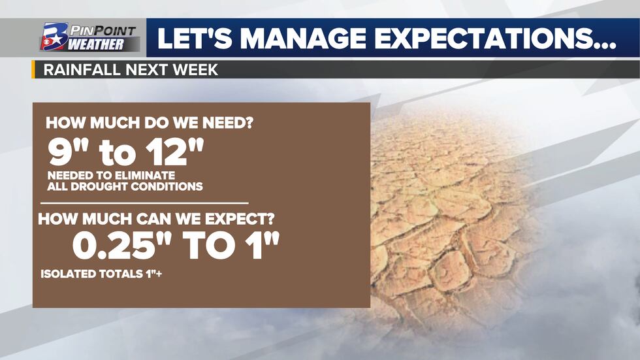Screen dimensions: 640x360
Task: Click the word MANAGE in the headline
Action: point(306,38)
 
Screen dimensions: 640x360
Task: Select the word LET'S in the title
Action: point(195,38)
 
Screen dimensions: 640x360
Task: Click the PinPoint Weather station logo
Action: point(89,37)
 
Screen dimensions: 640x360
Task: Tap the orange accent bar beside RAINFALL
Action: point(33,69)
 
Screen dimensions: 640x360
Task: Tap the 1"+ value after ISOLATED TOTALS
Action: point(153,273)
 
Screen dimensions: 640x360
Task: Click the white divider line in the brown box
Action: point(144,203)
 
